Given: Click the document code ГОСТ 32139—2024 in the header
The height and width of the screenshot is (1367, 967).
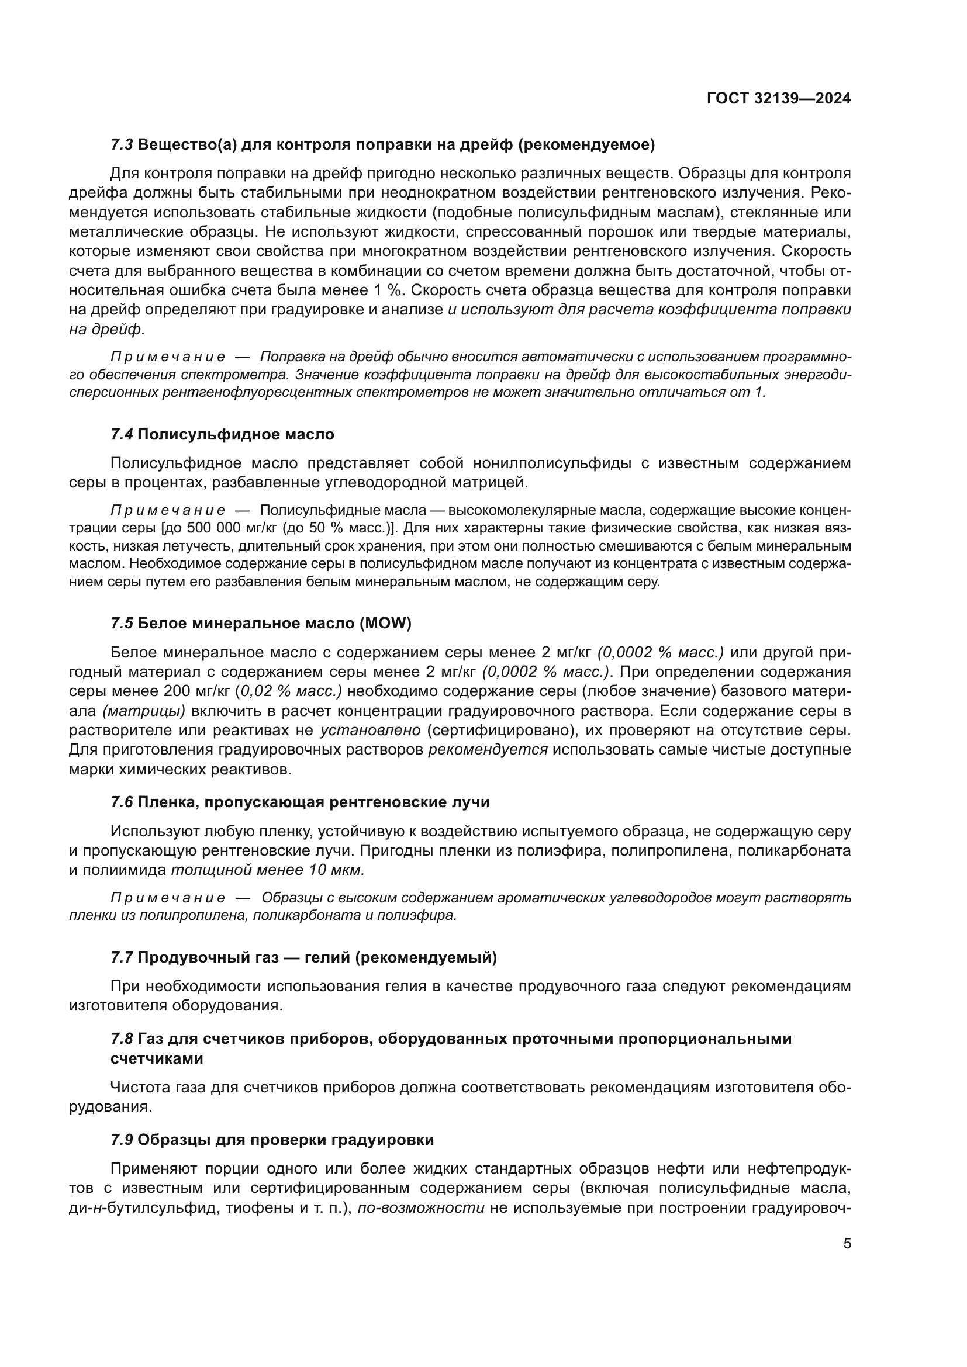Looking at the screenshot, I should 778,98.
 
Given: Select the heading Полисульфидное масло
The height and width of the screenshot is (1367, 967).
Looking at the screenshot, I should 236,435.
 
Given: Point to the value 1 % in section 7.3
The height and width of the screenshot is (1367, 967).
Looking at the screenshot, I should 389,290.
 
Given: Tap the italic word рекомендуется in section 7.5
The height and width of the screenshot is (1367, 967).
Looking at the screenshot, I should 488,750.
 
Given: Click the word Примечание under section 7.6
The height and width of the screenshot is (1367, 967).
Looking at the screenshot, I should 168,898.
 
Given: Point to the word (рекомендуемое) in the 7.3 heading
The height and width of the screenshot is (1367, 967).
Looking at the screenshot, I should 586,145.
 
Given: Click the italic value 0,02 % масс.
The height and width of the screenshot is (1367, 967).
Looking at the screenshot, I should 290,692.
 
